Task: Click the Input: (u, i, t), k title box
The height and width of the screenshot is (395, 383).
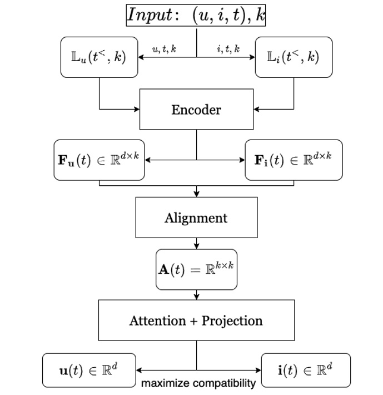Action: (x=196, y=14)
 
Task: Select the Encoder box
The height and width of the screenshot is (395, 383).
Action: (x=196, y=109)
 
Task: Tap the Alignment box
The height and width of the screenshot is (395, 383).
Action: (x=196, y=218)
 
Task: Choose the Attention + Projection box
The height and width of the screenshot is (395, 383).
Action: (x=196, y=320)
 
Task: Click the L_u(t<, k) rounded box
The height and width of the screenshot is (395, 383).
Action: (x=100, y=57)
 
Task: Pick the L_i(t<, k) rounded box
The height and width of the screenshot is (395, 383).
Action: (x=294, y=57)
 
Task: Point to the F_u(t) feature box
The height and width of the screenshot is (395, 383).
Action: (x=100, y=160)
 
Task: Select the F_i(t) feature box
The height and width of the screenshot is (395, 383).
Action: (x=294, y=160)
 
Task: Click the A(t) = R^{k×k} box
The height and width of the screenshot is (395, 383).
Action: (x=196, y=269)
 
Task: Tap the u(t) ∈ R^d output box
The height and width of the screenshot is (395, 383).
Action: (x=89, y=370)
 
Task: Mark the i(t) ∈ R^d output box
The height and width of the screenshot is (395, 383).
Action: (x=306, y=370)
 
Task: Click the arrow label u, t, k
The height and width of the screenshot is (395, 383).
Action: (x=165, y=50)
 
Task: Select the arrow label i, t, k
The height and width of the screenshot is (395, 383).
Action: (x=228, y=50)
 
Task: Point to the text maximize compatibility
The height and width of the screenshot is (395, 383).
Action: (x=198, y=383)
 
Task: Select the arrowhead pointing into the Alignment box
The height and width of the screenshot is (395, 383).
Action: (x=196, y=194)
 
